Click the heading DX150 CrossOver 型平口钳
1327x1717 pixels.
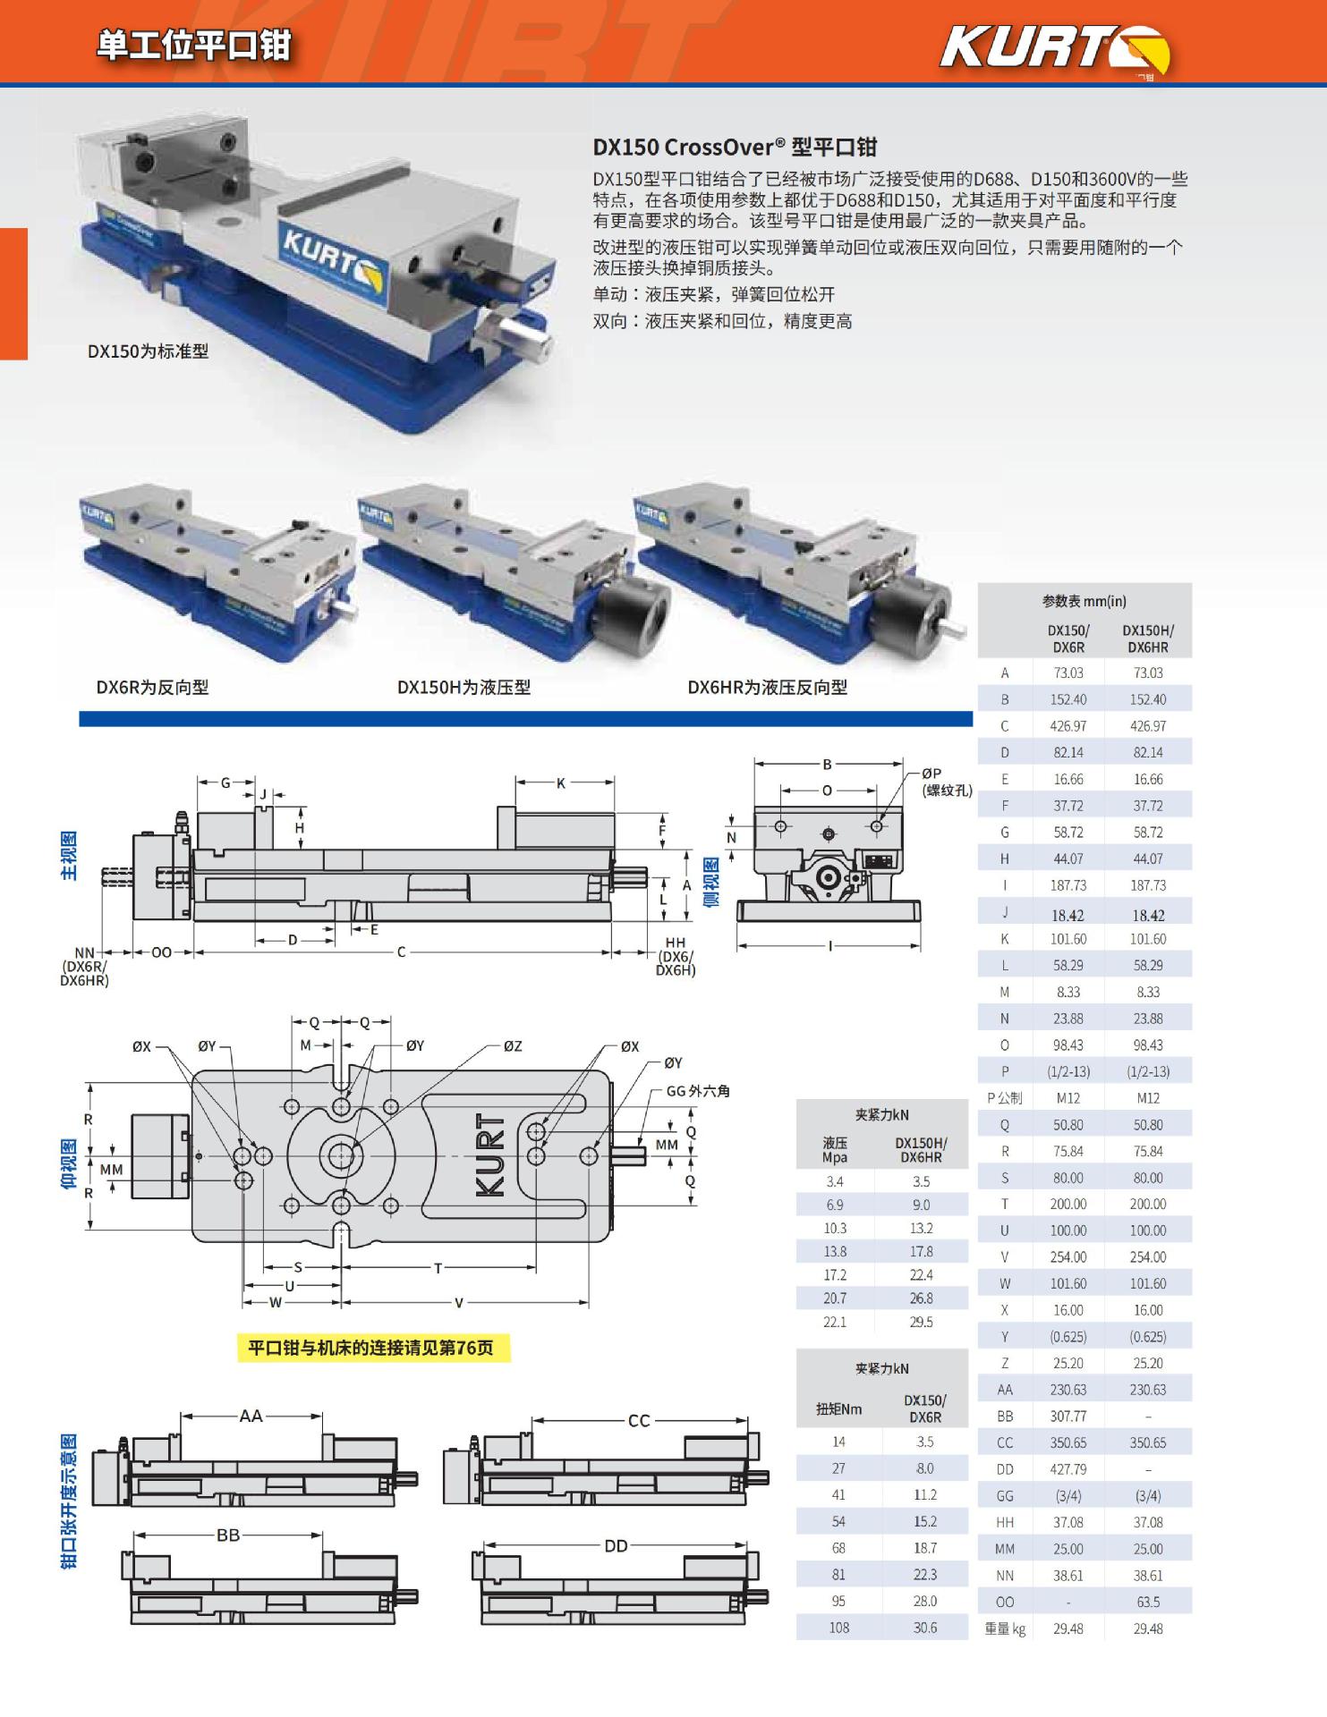tap(735, 148)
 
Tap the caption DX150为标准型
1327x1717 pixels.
tap(148, 351)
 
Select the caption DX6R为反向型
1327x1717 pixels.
tap(152, 688)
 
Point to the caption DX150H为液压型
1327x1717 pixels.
tap(464, 688)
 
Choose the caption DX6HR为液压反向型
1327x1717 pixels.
tap(767, 688)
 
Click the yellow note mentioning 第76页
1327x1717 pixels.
tap(370, 1348)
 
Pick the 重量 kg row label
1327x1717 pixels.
tap(1005, 1628)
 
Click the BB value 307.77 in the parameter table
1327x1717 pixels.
tap(1068, 1417)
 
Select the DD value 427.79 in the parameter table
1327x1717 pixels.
tap(1068, 1469)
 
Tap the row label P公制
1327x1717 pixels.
tap(1004, 1098)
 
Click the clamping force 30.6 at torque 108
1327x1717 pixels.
tap(925, 1628)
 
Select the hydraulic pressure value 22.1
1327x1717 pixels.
tap(835, 1322)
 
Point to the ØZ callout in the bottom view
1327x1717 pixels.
tap(512, 1046)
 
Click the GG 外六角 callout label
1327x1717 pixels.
tap(698, 1091)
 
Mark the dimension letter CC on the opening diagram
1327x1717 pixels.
tap(639, 1421)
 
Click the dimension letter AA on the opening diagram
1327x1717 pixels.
tap(251, 1416)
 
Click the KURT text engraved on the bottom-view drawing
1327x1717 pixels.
tap(490, 1155)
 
